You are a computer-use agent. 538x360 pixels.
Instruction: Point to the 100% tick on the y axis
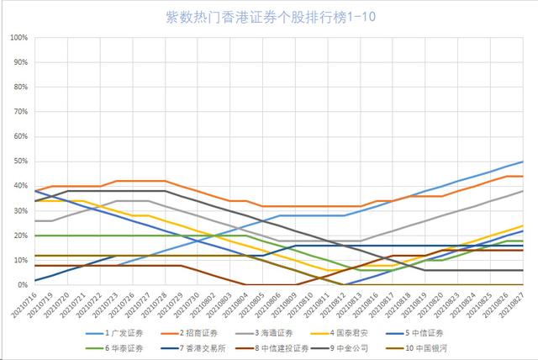[x=18, y=38]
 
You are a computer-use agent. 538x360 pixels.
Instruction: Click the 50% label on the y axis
[x=20, y=161]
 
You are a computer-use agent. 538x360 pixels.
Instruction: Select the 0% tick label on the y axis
[x=23, y=285]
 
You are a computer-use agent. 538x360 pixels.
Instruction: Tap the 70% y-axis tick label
[x=20, y=112]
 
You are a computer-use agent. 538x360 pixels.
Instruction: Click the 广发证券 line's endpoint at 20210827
[x=523, y=161]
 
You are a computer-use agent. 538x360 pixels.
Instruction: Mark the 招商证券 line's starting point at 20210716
[x=34, y=191]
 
